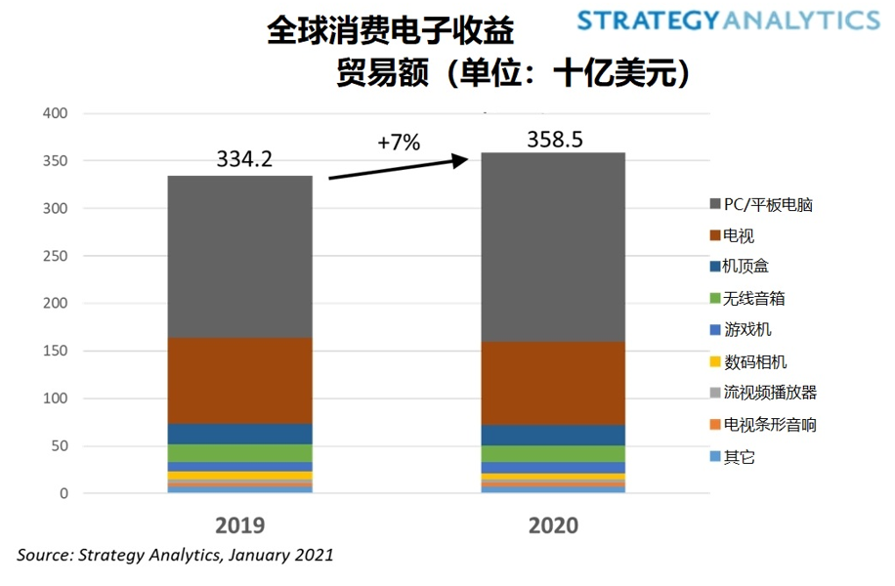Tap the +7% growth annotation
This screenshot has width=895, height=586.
(399, 143)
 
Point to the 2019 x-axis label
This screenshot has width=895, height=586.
(240, 524)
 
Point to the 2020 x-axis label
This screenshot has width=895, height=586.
(553, 524)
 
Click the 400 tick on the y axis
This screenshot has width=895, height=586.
(56, 113)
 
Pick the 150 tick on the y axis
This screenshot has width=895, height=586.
(56, 352)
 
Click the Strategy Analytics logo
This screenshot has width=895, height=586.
(727, 20)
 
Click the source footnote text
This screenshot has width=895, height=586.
(176, 555)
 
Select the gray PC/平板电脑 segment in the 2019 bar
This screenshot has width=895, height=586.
(240, 257)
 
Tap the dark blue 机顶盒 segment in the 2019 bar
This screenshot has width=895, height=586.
(240, 434)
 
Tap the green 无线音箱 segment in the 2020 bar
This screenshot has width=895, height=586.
(553, 453)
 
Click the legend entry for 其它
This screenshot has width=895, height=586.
(740, 456)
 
